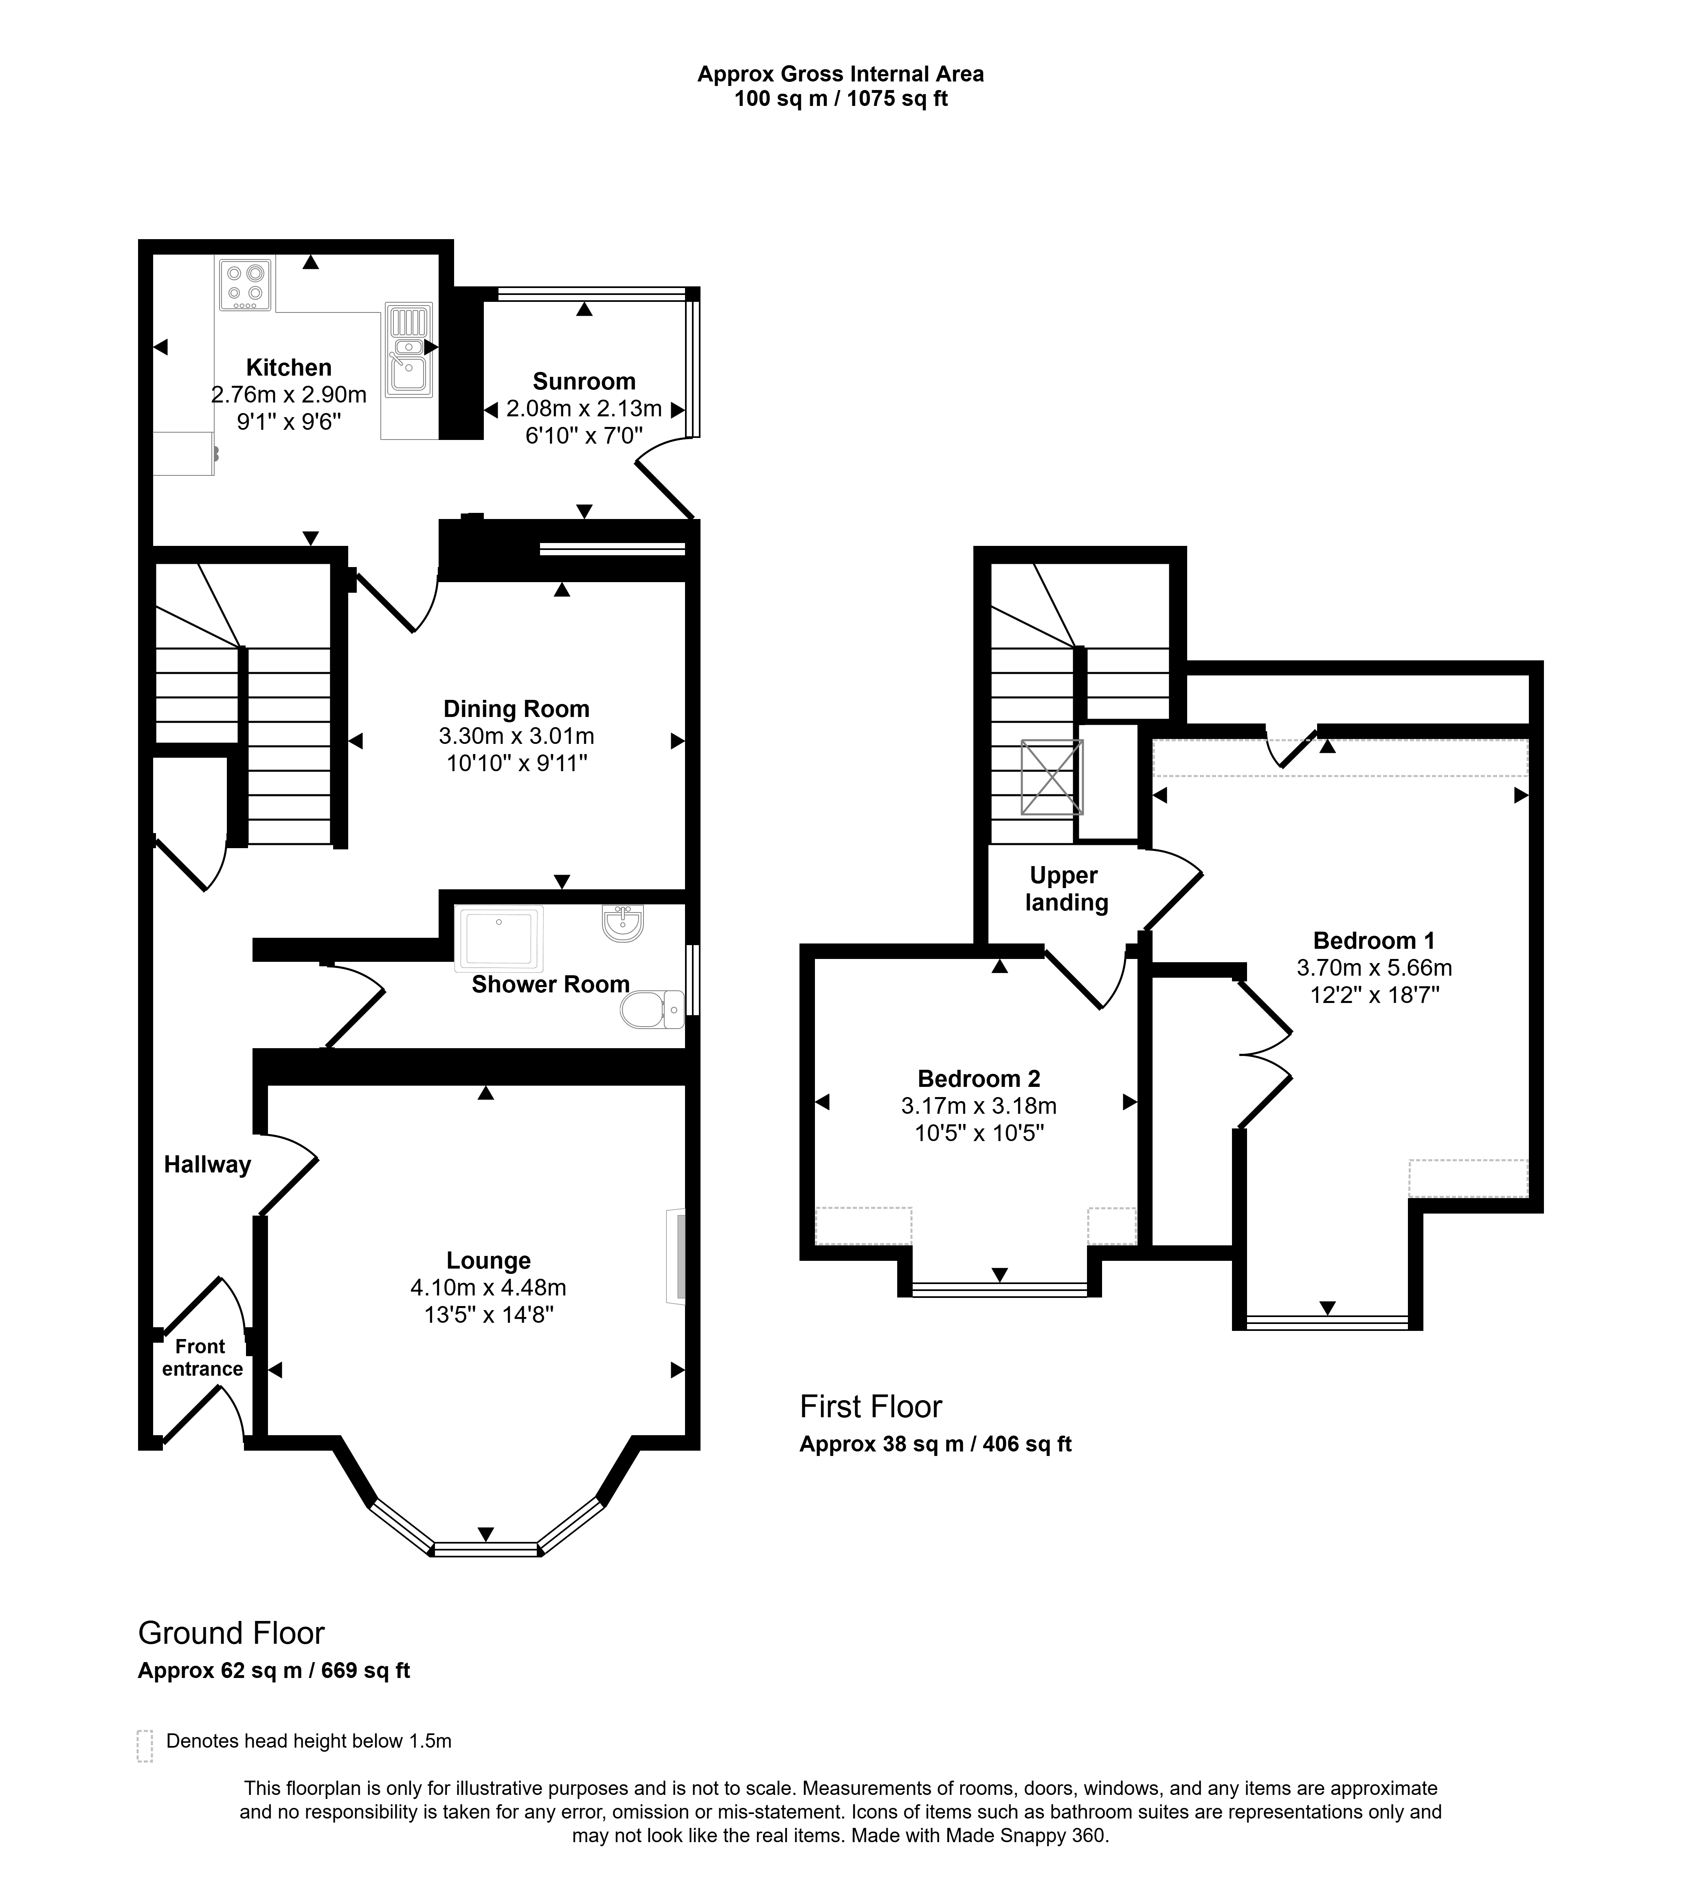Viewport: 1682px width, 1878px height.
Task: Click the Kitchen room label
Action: coord(288,368)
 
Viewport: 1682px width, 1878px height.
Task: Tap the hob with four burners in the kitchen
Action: coord(246,284)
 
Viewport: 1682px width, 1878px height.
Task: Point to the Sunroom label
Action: coord(584,382)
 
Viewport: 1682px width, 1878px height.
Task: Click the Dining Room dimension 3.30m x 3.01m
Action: coord(516,737)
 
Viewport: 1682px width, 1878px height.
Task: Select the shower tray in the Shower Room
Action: coord(499,939)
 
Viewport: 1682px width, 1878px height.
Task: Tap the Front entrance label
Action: coord(202,1358)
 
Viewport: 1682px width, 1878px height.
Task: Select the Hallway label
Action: coord(207,1165)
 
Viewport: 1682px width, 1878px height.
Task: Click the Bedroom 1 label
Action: coord(1374,941)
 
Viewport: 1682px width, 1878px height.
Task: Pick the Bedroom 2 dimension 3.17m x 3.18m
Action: coord(979,1106)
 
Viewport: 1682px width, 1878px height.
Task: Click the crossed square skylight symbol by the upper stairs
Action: coord(1052,777)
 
